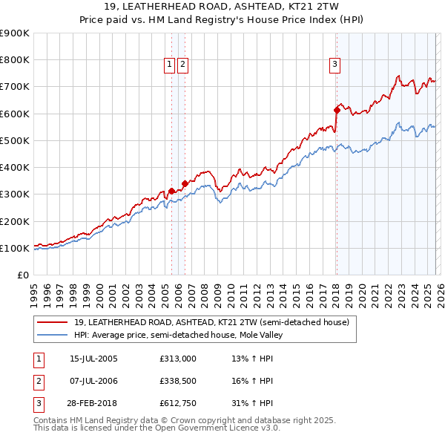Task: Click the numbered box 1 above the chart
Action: click(170, 65)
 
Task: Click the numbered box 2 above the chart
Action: click(182, 65)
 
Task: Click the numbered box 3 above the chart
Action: click(335, 65)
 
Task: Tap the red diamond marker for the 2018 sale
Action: click(337, 110)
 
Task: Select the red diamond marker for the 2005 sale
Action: click(171, 191)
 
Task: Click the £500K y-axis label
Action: click(15, 140)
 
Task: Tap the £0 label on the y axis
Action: click(23, 275)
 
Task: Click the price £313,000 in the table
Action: click(177, 359)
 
